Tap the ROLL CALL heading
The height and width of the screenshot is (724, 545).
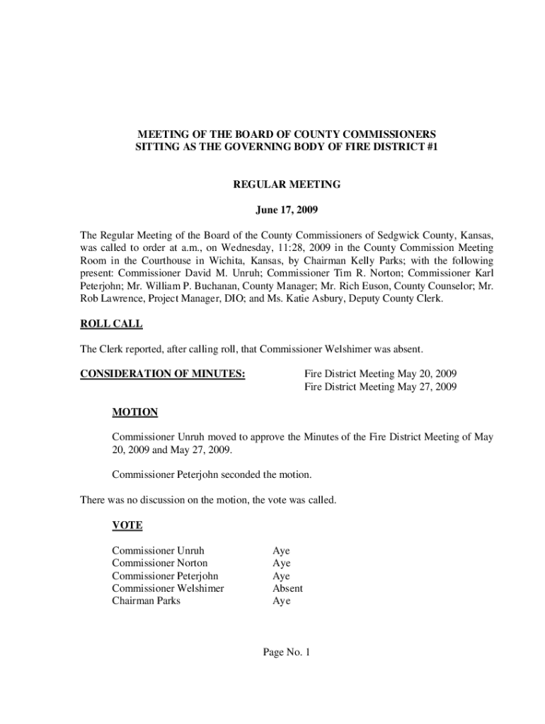(x=111, y=324)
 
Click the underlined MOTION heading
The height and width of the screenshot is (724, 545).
(x=134, y=412)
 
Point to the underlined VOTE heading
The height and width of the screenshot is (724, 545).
(x=127, y=525)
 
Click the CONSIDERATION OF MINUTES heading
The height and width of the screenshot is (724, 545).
(x=163, y=373)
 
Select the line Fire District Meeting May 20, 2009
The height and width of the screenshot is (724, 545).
(x=380, y=373)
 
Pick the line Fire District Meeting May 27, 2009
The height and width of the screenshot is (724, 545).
(x=380, y=387)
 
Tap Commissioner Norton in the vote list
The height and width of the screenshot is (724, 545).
(x=160, y=564)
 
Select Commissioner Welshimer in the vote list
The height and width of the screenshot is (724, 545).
(x=168, y=588)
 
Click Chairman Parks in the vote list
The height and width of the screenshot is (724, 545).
(x=146, y=601)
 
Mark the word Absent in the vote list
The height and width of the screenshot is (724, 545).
(x=287, y=588)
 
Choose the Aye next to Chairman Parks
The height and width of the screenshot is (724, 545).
(x=281, y=601)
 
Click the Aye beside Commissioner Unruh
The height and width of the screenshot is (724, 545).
(x=281, y=551)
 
